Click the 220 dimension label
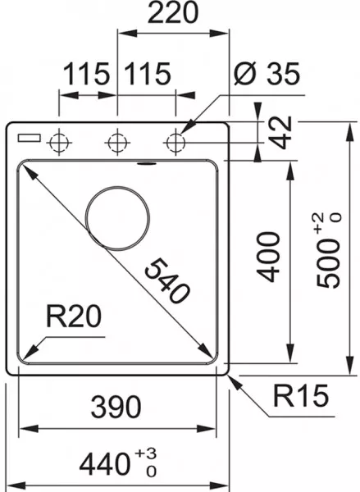[173, 12]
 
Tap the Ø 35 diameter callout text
[267, 74]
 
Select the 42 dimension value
[281, 132]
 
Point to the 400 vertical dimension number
[268, 257]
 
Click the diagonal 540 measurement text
[167, 280]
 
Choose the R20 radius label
[74, 317]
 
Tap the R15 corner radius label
[301, 395]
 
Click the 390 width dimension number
[116, 407]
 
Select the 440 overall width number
[104, 464]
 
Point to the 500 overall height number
[328, 262]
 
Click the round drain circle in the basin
[117, 218]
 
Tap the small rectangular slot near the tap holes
[30, 138]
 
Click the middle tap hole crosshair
[117, 143]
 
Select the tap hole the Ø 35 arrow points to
[175, 143]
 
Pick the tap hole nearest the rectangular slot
[59, 143]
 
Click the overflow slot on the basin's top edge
[146, 164]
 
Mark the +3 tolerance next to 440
[146, 453]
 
